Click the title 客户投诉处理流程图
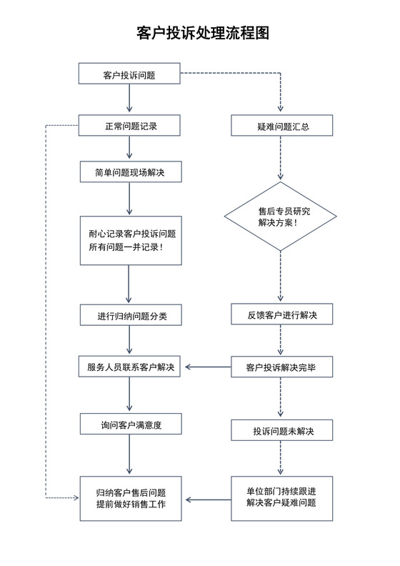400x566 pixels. (202, 33)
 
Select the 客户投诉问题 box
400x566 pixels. (129, 74)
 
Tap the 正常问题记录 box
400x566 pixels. (129, 126)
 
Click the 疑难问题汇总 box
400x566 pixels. (281, 126)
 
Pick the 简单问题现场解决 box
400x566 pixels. (129, 172)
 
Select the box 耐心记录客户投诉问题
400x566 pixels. (129, 240)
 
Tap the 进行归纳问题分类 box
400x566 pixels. (129, 315)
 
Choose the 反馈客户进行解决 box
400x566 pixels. (281, 315)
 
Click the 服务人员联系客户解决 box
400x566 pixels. (129, 367)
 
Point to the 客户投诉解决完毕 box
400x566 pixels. (281, 367)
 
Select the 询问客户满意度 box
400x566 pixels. (129, 424)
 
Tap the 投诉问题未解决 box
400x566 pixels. (281, 431)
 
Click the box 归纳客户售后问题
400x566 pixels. (129, 498)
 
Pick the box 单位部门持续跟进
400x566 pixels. (281, 498)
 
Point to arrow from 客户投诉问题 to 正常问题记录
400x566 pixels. (129, 99)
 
